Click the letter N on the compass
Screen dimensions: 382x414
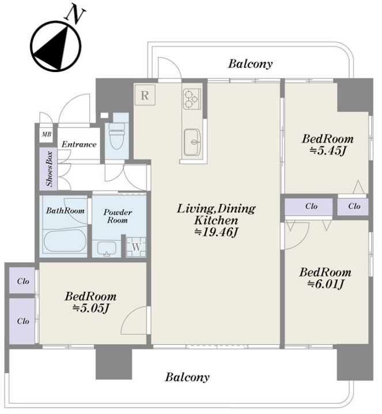[x=75, y=15]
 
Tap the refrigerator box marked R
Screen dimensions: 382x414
[x=145, y=95]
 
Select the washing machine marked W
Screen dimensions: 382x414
[x=136, y=247]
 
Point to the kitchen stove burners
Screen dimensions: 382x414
[x=191, y=99]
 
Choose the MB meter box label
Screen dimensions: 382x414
[x=47, y=134]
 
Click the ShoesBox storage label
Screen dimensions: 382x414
[x=50, y=169]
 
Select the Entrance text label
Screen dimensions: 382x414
[x=79, y=144]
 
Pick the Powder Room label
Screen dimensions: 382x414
[x=118, y=216]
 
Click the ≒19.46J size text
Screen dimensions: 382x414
[x=216, y=232]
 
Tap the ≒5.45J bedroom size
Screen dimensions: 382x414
[x=327, y=150]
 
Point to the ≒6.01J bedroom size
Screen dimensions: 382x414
[x=326, y=284]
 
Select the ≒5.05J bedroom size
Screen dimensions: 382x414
[x=90, y=308]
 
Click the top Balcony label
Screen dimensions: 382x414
[x=250, y=63]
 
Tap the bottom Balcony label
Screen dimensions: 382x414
[x=187, y=377]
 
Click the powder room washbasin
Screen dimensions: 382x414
[x=107, y=249]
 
